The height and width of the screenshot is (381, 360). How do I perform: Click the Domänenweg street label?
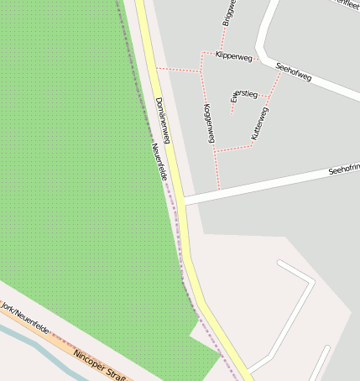[x=163, y=120]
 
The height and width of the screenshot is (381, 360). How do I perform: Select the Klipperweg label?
[x=233, y=56]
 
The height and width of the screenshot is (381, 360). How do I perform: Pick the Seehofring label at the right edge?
[x=343, y=170]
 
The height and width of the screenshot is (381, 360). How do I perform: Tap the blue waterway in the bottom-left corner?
[x=34, y=345]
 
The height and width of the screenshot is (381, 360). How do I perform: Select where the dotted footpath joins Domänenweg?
[x=154, y=68]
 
